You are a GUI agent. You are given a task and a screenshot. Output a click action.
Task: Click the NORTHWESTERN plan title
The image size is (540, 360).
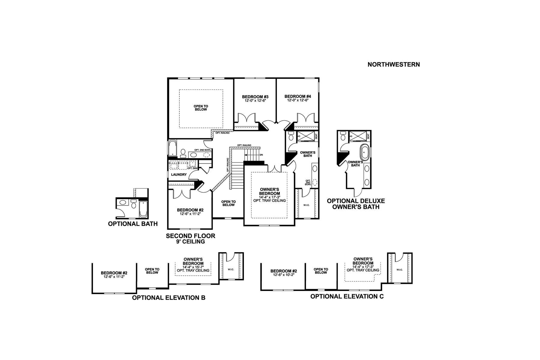click(394, 64)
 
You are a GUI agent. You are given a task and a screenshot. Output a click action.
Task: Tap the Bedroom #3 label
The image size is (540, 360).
click(255, 97)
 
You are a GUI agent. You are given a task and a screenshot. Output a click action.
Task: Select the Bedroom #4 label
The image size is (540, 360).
click(298, 96)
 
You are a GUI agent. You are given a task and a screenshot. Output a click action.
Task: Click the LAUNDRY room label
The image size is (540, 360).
click(179, 175)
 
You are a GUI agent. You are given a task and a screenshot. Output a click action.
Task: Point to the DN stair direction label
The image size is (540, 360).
click(261, 155)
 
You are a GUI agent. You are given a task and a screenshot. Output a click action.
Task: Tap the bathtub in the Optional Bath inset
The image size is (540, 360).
click(143, 209)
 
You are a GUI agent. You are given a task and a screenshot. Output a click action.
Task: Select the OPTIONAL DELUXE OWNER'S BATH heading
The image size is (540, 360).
click(356, 204)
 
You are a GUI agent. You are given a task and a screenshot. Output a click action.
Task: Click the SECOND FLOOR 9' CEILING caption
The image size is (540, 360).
click(190, 238)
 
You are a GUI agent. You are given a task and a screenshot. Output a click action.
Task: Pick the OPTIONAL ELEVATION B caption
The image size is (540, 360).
click(169, 298)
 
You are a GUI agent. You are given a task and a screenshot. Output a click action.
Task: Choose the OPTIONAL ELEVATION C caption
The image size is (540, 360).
click(347, 297)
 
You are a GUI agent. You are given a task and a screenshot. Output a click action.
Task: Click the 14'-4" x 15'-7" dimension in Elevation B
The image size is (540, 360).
click(193, 267)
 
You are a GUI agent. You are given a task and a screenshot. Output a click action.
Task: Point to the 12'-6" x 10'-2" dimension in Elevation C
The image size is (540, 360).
click(284, 275)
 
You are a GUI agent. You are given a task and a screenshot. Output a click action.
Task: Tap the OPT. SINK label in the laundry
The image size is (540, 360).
click(192, 168)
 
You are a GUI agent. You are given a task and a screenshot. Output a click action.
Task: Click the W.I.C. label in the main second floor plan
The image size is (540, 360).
click(306, 205)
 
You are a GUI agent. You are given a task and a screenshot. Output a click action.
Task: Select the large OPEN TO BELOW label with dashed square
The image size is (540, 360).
click(201, 108)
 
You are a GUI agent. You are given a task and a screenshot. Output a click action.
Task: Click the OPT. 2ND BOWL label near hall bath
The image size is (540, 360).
click(202, 150)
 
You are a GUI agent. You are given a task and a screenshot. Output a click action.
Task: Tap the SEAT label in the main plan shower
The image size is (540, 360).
click(316, 136)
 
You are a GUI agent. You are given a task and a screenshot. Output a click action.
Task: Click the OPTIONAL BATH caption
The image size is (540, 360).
click(133, 224)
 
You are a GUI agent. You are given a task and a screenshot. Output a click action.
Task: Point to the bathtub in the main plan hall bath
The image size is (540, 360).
click(173, 148)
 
